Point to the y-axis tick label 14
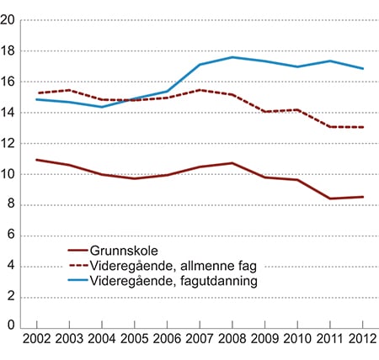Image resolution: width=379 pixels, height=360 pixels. pyautogui.click(x=9, y=113)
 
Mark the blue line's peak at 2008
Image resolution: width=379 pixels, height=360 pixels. pyautogui.click(x=232, y=57)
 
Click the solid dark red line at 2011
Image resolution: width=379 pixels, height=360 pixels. pyautogui.click(x=330, y=199)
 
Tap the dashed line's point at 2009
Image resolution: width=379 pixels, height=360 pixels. pyautogui.click(x=264, y=112)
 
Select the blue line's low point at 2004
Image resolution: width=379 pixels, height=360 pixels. pyautogui.click(x=100, y=107)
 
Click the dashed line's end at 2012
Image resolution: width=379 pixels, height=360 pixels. pyautogui.click(x=363, y=127)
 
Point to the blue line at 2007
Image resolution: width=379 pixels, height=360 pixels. pyautogui.click(x=199, y=65)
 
